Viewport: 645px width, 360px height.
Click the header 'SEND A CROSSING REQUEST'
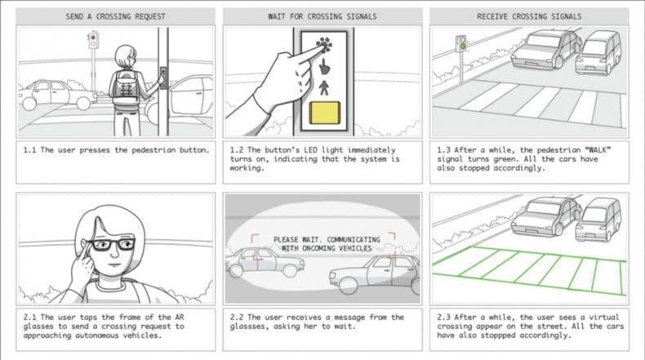(x=115, y=16)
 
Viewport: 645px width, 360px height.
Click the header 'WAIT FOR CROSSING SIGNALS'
(x=322, y=16)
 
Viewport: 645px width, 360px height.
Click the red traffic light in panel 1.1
(x=94, y=38)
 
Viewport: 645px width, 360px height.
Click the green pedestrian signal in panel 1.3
(x=462, y=46)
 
